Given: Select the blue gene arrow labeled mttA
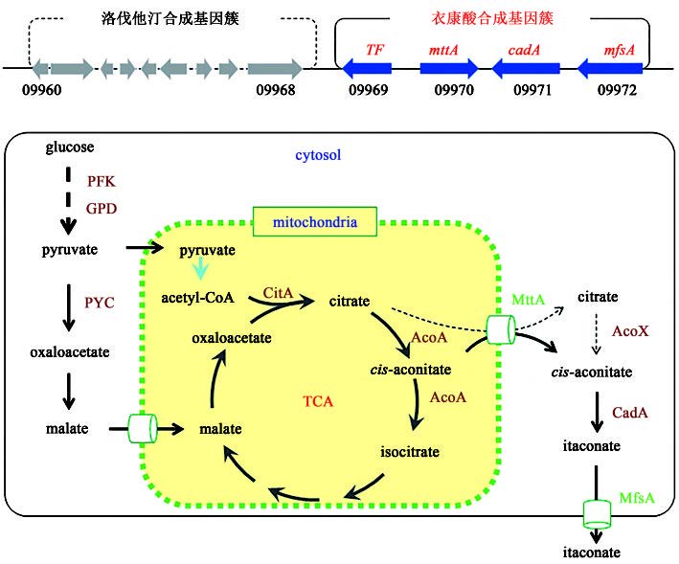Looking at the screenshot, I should click(448, 68).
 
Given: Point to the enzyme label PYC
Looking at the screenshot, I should click(100, 303).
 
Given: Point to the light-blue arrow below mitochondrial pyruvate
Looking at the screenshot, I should click(222, 269).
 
